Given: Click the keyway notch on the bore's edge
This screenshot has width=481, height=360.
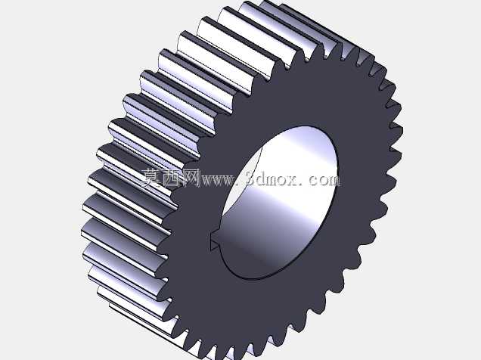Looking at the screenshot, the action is [216, 241].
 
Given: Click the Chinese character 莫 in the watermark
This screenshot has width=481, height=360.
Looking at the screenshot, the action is [151, 178].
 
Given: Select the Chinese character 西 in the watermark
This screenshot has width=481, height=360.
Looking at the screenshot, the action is [172, 178].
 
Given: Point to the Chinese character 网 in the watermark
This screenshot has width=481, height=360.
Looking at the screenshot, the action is [191, 178].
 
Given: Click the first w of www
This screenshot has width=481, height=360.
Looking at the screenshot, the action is [208, 181].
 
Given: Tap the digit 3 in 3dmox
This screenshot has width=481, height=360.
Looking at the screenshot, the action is [253, 178].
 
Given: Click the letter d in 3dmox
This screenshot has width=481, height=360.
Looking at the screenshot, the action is [263, 178].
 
